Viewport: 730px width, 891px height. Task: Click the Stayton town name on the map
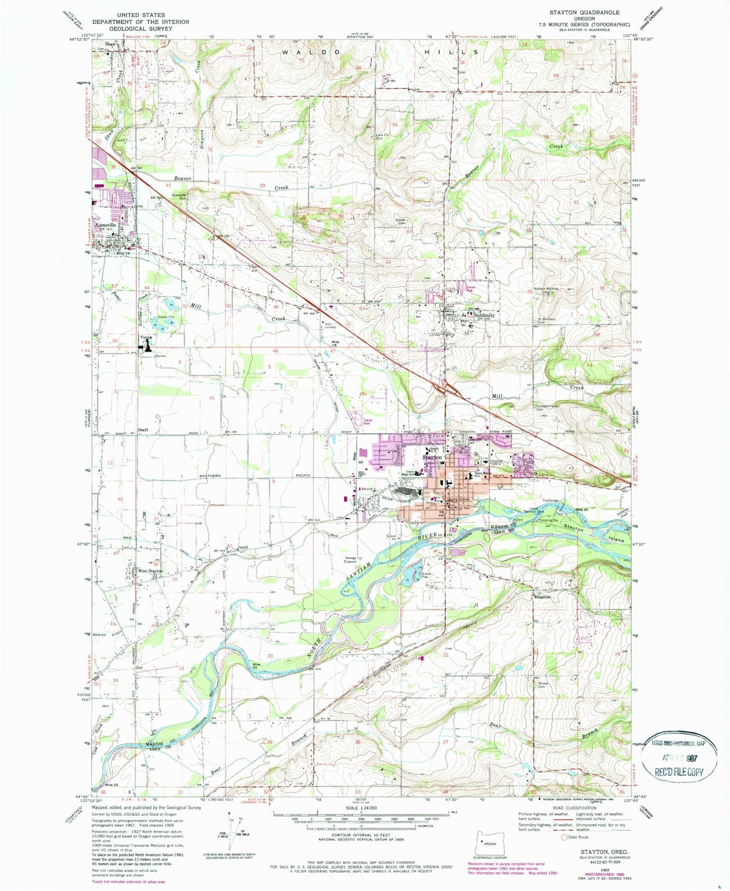(x=432, y=457)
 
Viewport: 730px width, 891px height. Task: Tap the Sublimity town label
(x=484, y=315)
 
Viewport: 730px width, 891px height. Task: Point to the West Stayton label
(x=150, y=571)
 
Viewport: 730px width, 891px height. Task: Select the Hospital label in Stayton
(x=496, y=461)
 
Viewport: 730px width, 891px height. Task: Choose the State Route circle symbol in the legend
(x=564, y=837)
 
